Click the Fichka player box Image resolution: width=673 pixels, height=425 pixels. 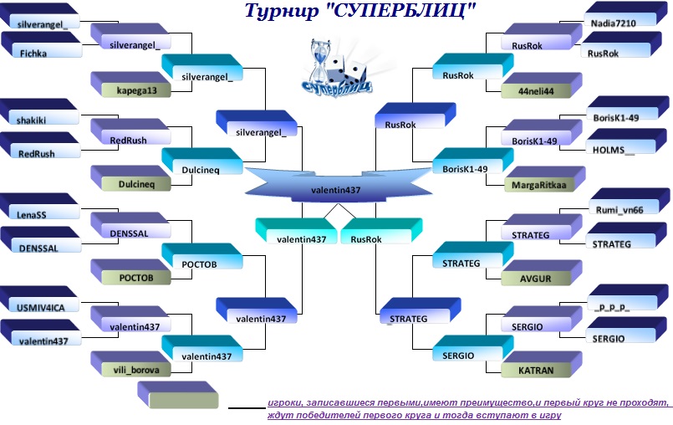41,45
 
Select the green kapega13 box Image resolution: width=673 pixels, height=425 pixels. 131,84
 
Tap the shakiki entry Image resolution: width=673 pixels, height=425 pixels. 39,112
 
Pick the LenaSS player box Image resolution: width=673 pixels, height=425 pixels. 39,207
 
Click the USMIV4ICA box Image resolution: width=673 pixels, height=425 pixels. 39,300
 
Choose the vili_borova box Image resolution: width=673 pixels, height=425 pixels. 131,365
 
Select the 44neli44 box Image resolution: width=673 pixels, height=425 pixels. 542,85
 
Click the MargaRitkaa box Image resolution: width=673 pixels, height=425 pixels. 544,179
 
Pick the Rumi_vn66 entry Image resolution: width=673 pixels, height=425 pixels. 630,202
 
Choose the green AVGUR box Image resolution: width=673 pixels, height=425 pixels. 542,273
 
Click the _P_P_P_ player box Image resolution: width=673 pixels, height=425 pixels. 628,297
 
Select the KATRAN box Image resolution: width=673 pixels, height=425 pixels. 542,365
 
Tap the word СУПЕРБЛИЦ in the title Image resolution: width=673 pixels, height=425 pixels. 399,11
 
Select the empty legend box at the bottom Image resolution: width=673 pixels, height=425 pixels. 178,395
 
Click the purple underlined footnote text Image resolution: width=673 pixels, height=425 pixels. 468,408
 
